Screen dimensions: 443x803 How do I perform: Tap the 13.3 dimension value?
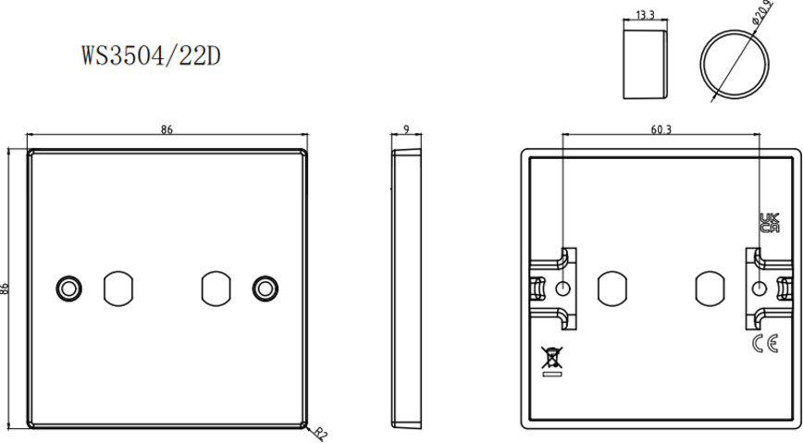tap(647, 16)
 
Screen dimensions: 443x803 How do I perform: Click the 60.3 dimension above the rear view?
tap(661, 129)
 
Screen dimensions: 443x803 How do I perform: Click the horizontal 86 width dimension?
tap(167, 130)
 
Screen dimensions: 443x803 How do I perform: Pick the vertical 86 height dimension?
tap(6, 289)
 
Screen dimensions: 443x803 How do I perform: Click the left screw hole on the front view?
tap(68, 288)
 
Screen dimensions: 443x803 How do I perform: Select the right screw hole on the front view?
tap(266, 288)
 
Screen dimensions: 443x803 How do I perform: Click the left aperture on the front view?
tap(117, 288)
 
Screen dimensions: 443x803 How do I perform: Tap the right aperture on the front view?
tap(216, 288)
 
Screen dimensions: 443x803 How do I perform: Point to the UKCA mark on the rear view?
tap(768, 223)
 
